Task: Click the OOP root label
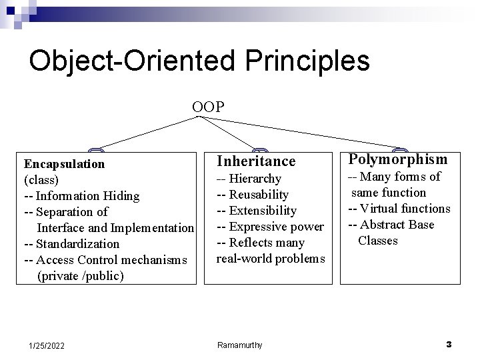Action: click(x=208, y=107)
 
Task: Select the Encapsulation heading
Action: click(x=64, y=165)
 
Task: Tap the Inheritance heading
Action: click(x=256, y=161)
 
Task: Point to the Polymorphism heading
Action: click(x=398, y=159)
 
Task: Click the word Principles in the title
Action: click(x=307, y=61)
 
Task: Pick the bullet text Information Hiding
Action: click(x=87, y=196)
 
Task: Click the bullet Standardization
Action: click(x=77, y=244)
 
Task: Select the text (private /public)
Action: click(x=81, y=276)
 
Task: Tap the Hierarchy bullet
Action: click(x=255, y=179)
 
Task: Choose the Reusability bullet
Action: click(x=259, y=195)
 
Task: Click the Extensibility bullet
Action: click(x=263, y=211)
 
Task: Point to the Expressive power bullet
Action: click(x=276, y=227)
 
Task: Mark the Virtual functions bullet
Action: click(x=405, y=209)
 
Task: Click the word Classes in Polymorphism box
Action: click(x=378, y=241)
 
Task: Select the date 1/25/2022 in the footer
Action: click(x=47, y=346)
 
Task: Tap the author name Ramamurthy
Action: click(x=240, y=345)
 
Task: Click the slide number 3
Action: click(x=449, y=345)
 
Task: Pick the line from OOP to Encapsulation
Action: click(x=149, y=133)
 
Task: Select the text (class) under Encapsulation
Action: click(x=41, y=180)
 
